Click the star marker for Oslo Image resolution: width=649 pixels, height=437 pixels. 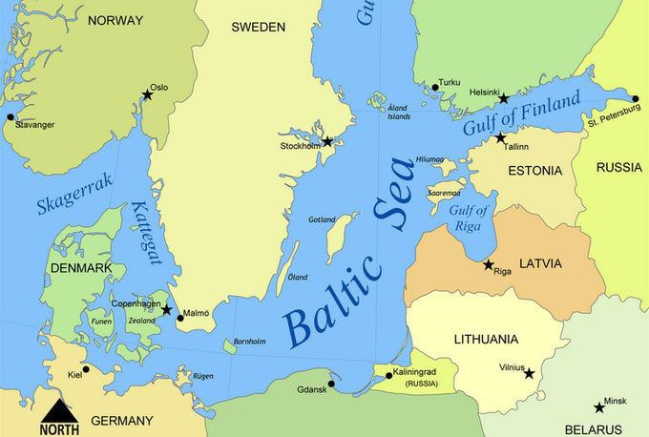point(147,94)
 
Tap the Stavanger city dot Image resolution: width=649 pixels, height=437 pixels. point(10,117)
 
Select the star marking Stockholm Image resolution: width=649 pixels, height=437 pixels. point(327,142)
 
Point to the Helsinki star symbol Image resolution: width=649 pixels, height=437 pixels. point(504,98)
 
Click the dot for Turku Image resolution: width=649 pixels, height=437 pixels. point(435,87)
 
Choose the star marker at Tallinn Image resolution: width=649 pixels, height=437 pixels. point(500,138)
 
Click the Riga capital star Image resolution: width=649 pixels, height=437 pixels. point(489,264)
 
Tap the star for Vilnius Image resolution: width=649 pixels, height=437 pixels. point(530,373)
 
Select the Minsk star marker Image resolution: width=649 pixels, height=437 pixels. point(598,406)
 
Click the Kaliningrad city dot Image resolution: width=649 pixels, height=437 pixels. point(388,376)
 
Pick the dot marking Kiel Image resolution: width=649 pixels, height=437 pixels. point(86,369)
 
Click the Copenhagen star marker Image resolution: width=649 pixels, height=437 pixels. point(166,310)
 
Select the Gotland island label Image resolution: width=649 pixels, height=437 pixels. point(323,219)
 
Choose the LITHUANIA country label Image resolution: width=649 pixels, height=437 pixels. point(487,339)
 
